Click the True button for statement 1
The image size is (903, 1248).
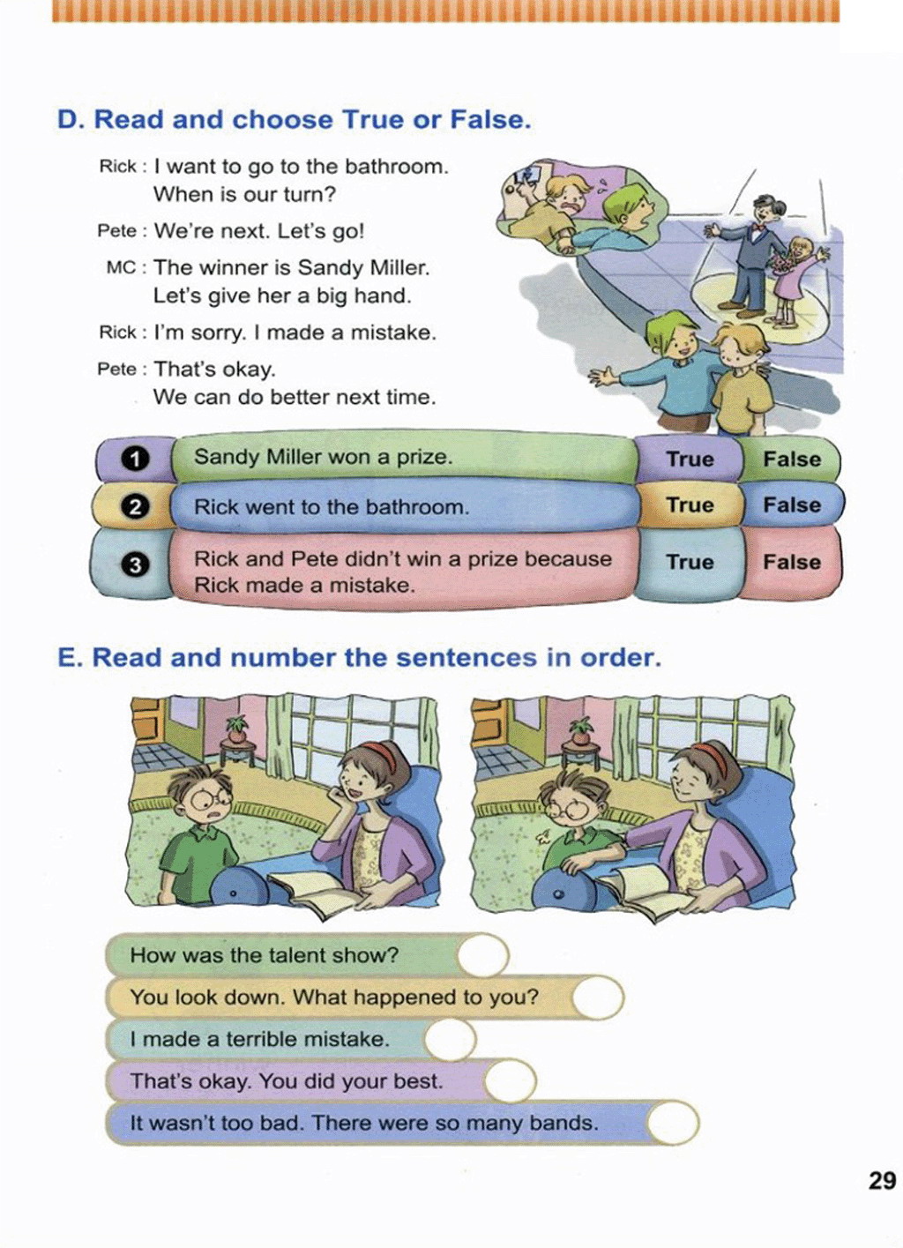pos(690,459)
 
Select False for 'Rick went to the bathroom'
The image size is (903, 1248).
pos(791,505)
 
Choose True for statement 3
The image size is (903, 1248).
pos(690,562)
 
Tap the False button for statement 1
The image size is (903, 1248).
pos(791,459)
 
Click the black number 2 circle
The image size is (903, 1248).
pos(135,507)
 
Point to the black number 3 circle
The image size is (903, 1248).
pos(135,564)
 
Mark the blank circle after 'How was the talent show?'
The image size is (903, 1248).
pos(483,955)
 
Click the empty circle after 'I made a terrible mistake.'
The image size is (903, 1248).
pos(450,1039)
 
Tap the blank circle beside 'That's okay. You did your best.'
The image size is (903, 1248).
pos(510,1081)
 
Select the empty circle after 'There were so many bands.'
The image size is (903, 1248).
pos(673,1124)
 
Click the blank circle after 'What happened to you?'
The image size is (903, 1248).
pos(598,998)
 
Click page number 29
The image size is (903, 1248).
pos(882,1180)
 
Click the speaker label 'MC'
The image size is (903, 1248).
pos(121,267)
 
